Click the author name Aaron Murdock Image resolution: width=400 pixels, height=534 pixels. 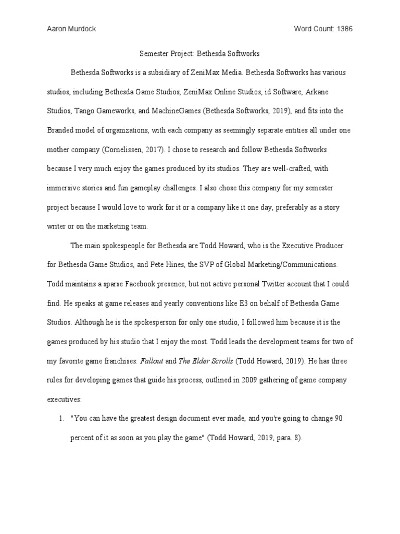click(x=70, y=29)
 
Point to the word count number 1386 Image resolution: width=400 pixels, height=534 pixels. click(x=344, y=29)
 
